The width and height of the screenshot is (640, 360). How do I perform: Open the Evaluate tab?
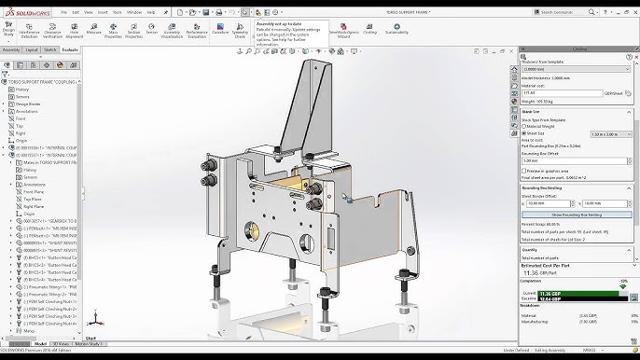point(70,49)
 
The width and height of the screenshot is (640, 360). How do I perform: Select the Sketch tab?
point(50,49)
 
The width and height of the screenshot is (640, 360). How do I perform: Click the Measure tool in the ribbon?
point(93,31)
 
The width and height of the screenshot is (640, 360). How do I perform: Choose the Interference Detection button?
point(29,31)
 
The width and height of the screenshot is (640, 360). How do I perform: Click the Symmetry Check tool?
point(240,32)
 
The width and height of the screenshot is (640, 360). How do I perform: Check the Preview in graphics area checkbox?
point(525,171)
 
